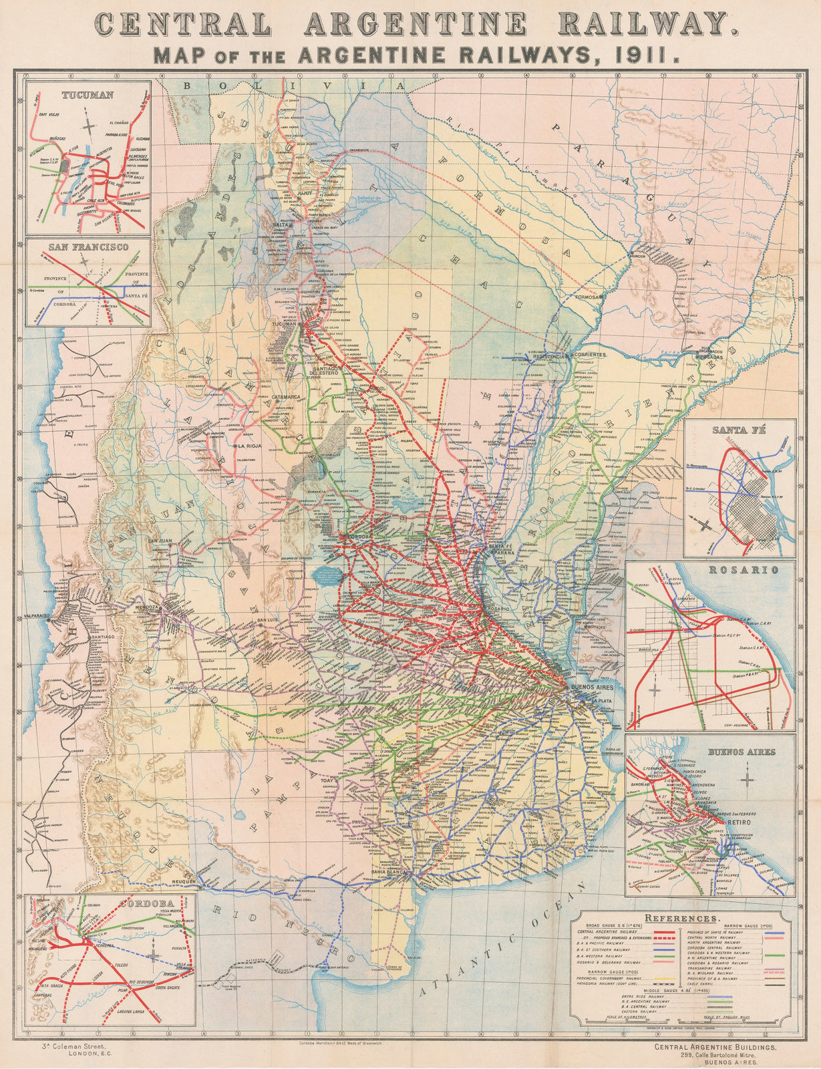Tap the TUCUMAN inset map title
coord(88,95)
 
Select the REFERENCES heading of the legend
coord(681,919)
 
